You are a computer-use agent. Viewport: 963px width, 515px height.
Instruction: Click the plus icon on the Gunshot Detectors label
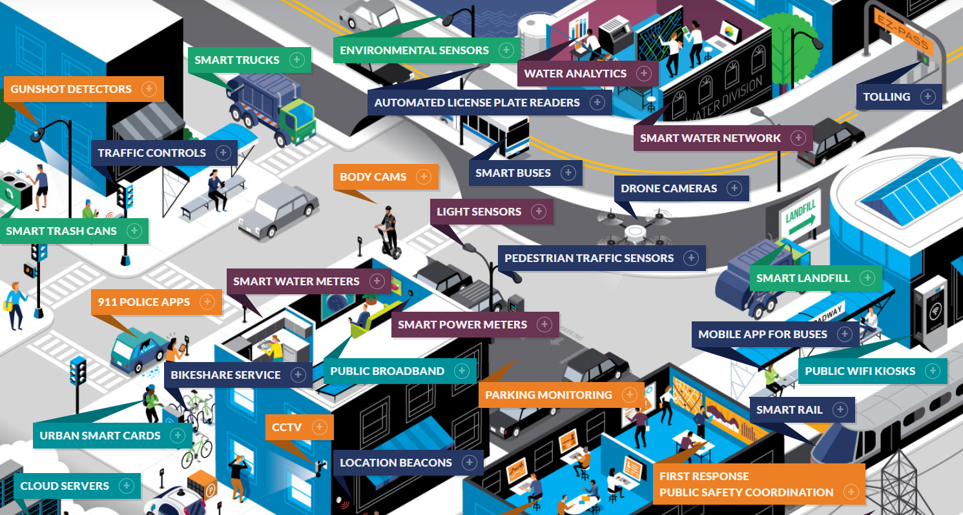click(149, 89)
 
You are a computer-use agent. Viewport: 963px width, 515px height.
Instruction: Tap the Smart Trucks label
click(237, 60)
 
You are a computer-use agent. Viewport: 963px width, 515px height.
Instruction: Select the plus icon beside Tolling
click(928, 97)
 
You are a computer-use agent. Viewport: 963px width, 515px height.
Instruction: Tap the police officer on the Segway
click(388, 230)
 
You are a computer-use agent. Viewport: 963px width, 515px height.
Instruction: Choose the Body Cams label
click(373, 177)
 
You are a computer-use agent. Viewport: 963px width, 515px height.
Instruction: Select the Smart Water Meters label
click(296, 281)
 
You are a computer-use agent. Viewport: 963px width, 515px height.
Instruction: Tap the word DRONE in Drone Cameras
click(639, 188)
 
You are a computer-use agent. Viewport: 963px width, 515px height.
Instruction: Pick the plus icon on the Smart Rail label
click(840, 410)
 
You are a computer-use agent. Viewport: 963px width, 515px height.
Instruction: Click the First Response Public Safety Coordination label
click(746, 485)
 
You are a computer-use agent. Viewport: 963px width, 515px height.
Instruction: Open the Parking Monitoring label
click(548, 395)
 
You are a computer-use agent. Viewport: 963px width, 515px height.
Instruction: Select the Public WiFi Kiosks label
click(860, 371)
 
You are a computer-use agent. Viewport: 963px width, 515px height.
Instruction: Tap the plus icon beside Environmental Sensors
click(506, 50)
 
